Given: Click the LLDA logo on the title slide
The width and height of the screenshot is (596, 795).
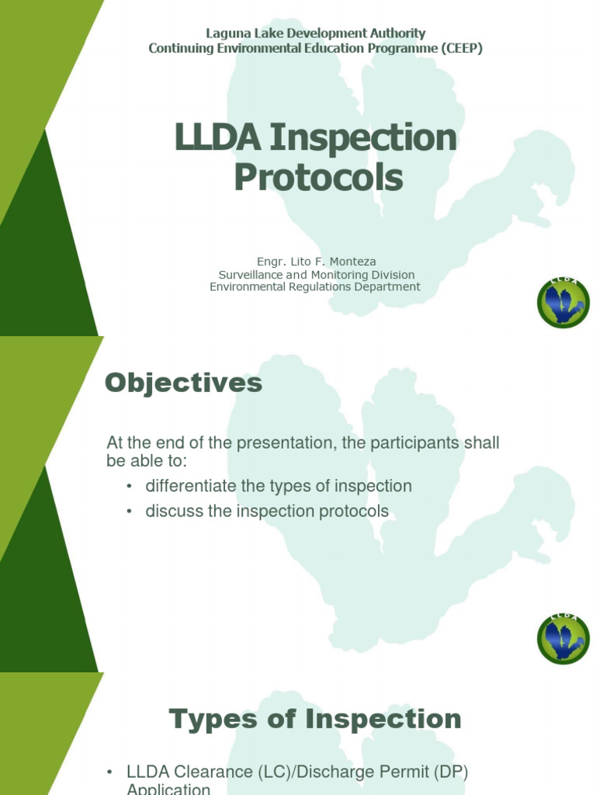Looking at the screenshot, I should pyautogui.click(x=563, y=302).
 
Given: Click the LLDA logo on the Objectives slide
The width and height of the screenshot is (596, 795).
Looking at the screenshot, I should pyautogui.click(x=563, y=638).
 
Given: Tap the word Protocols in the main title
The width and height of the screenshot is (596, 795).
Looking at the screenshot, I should pyautogui.click(x=318, y=177).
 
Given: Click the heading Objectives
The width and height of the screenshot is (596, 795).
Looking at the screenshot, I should pyautogui.click(x=184, y=383).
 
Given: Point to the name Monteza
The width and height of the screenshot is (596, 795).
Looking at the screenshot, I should pyautogui.click(x=352, y=262).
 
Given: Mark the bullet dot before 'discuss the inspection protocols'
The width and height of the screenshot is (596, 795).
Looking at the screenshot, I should pyautogui.click(x=129, y=512).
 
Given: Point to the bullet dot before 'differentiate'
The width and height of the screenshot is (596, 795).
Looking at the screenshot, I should pyautogui.click(x=129, y=486).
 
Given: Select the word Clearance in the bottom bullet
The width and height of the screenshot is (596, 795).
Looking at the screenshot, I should pyautogui.click(x=211, y=772).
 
